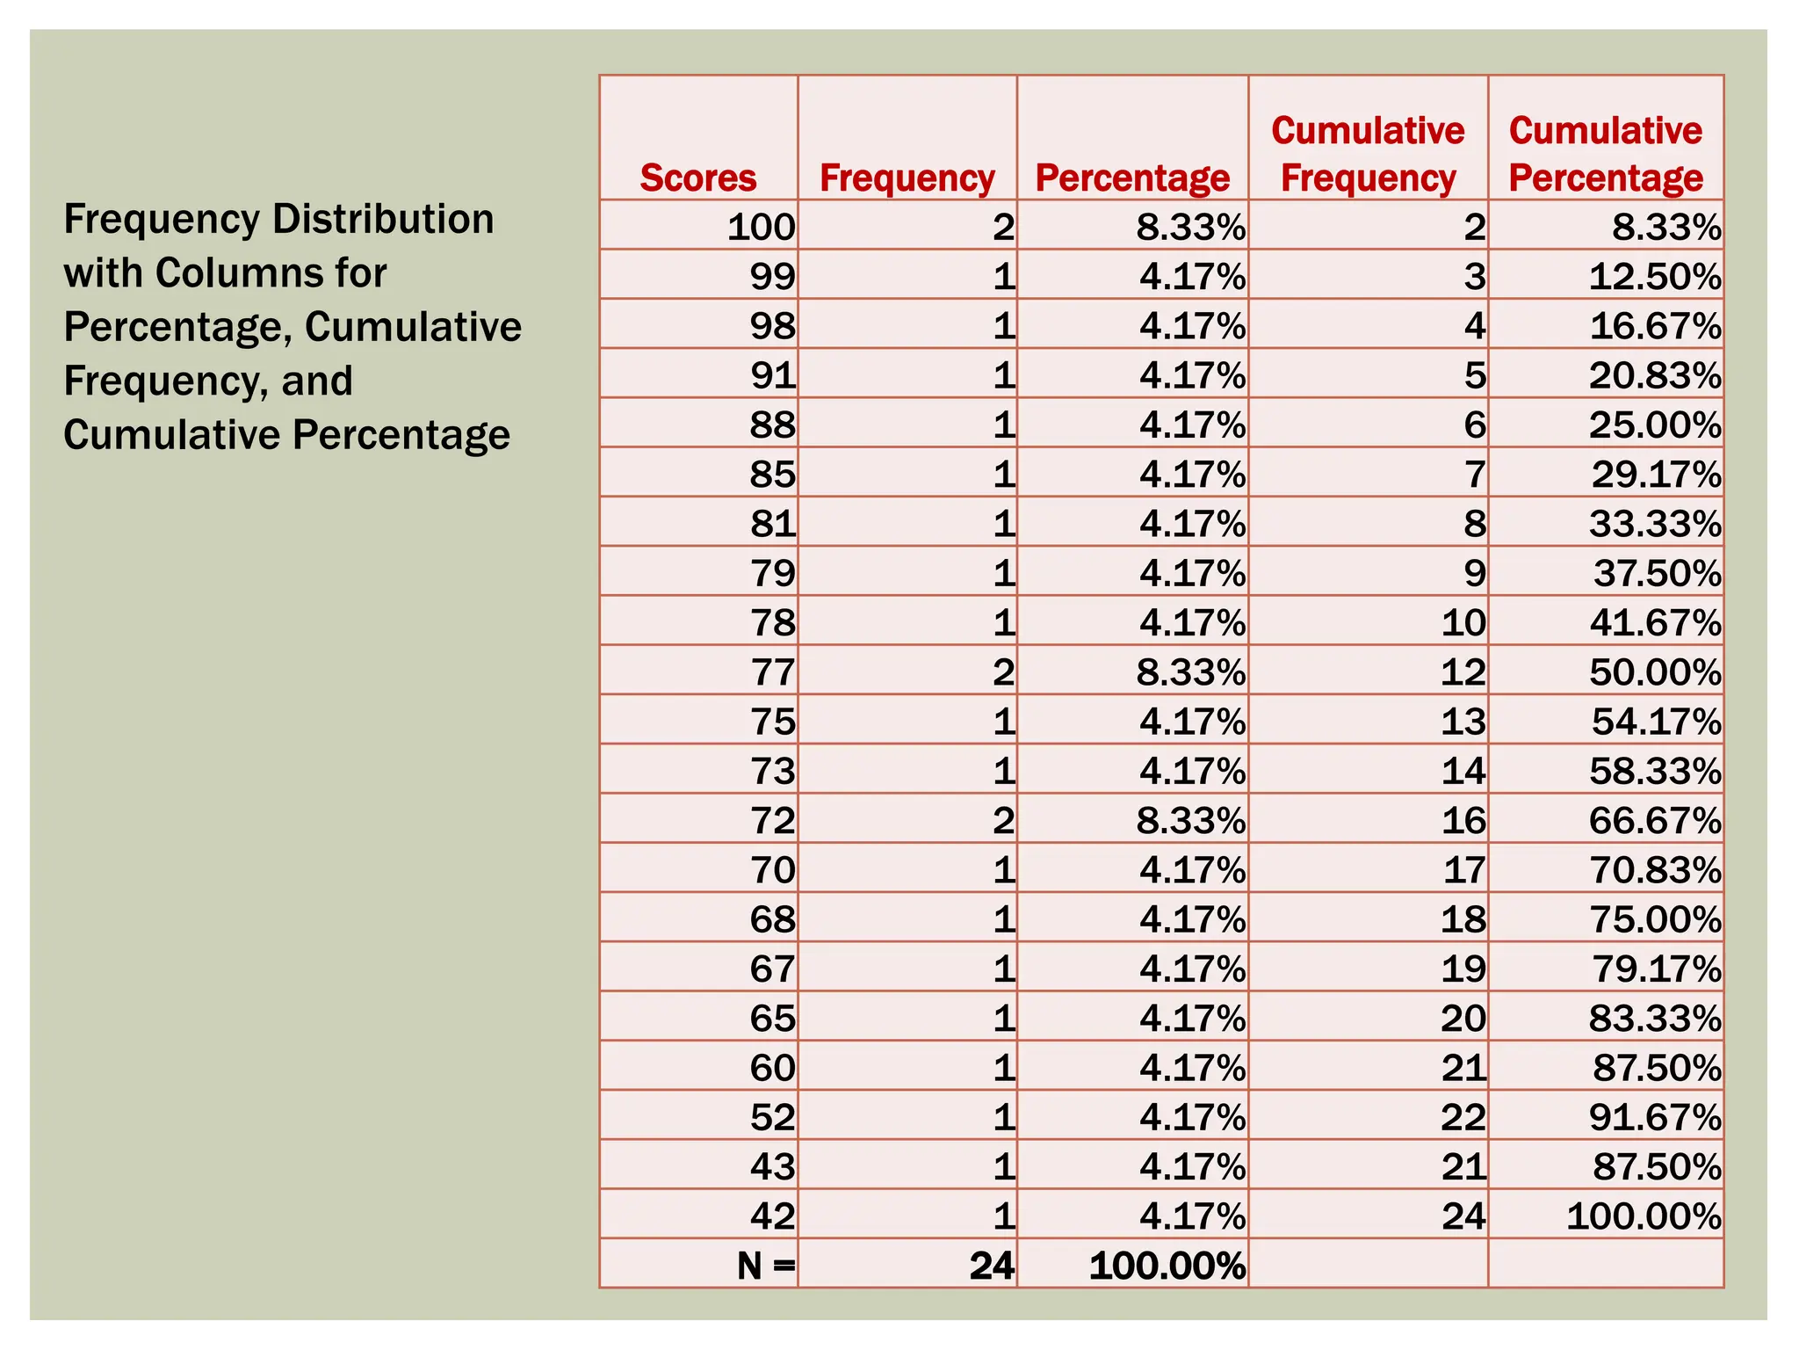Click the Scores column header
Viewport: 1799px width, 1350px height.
point(697,178)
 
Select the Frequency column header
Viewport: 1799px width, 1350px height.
point(907,178)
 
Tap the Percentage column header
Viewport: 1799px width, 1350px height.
point(1132,178)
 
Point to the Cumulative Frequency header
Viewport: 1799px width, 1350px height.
point(1368,155)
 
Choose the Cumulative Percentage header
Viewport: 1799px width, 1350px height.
point(1606,155)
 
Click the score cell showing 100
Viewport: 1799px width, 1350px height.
point(761,227)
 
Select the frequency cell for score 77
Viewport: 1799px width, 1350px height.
point(1003,672)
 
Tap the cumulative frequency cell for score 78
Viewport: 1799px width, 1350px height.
point(1463,622)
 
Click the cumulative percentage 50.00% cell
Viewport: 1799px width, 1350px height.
point(1655,672)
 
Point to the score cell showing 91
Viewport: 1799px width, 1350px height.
point(772,375)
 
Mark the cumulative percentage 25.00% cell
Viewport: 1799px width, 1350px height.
point(1655,425)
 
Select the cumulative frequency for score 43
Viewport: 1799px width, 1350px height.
point(1463,1166)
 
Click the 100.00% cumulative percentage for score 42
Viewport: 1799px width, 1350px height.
point(1644,1216)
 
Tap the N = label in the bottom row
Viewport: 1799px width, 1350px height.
point(766,1266)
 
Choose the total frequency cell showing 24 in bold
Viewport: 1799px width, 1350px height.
point(992,1266)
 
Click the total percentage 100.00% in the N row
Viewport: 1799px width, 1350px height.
point(1167,1266)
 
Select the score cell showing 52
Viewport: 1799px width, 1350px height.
point(772,1117)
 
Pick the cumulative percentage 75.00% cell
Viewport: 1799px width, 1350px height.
point(1655,919)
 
